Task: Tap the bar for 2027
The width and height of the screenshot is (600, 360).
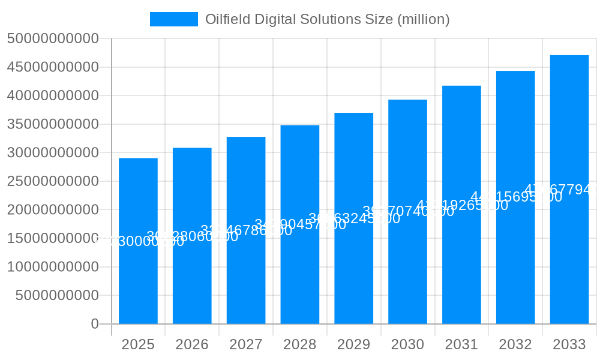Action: [x=246, y=270]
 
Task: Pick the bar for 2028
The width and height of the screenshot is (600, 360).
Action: [x=300, y=270]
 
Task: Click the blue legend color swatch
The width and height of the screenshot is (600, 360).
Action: [x=173, y=19]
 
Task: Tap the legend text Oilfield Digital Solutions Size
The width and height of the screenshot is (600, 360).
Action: [x=327, y=19]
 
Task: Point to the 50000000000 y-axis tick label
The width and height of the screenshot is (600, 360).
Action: [x=53, y=38]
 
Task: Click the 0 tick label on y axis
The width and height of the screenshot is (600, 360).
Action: [x=94, y=324]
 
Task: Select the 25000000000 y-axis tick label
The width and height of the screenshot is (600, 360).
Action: [x=53, y=181]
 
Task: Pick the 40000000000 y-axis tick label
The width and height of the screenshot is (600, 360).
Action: [x=53, y=95]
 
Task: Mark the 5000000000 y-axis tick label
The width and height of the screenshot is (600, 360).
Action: [x=57, y=295]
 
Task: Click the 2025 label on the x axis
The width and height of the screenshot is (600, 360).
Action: [x=138, y=344]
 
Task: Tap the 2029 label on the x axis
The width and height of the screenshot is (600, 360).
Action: [x=353, y=344]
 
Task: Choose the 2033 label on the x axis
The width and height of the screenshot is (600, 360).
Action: [x=569, y=344]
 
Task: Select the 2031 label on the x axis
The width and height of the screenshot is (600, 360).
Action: [x=461, y=344]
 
